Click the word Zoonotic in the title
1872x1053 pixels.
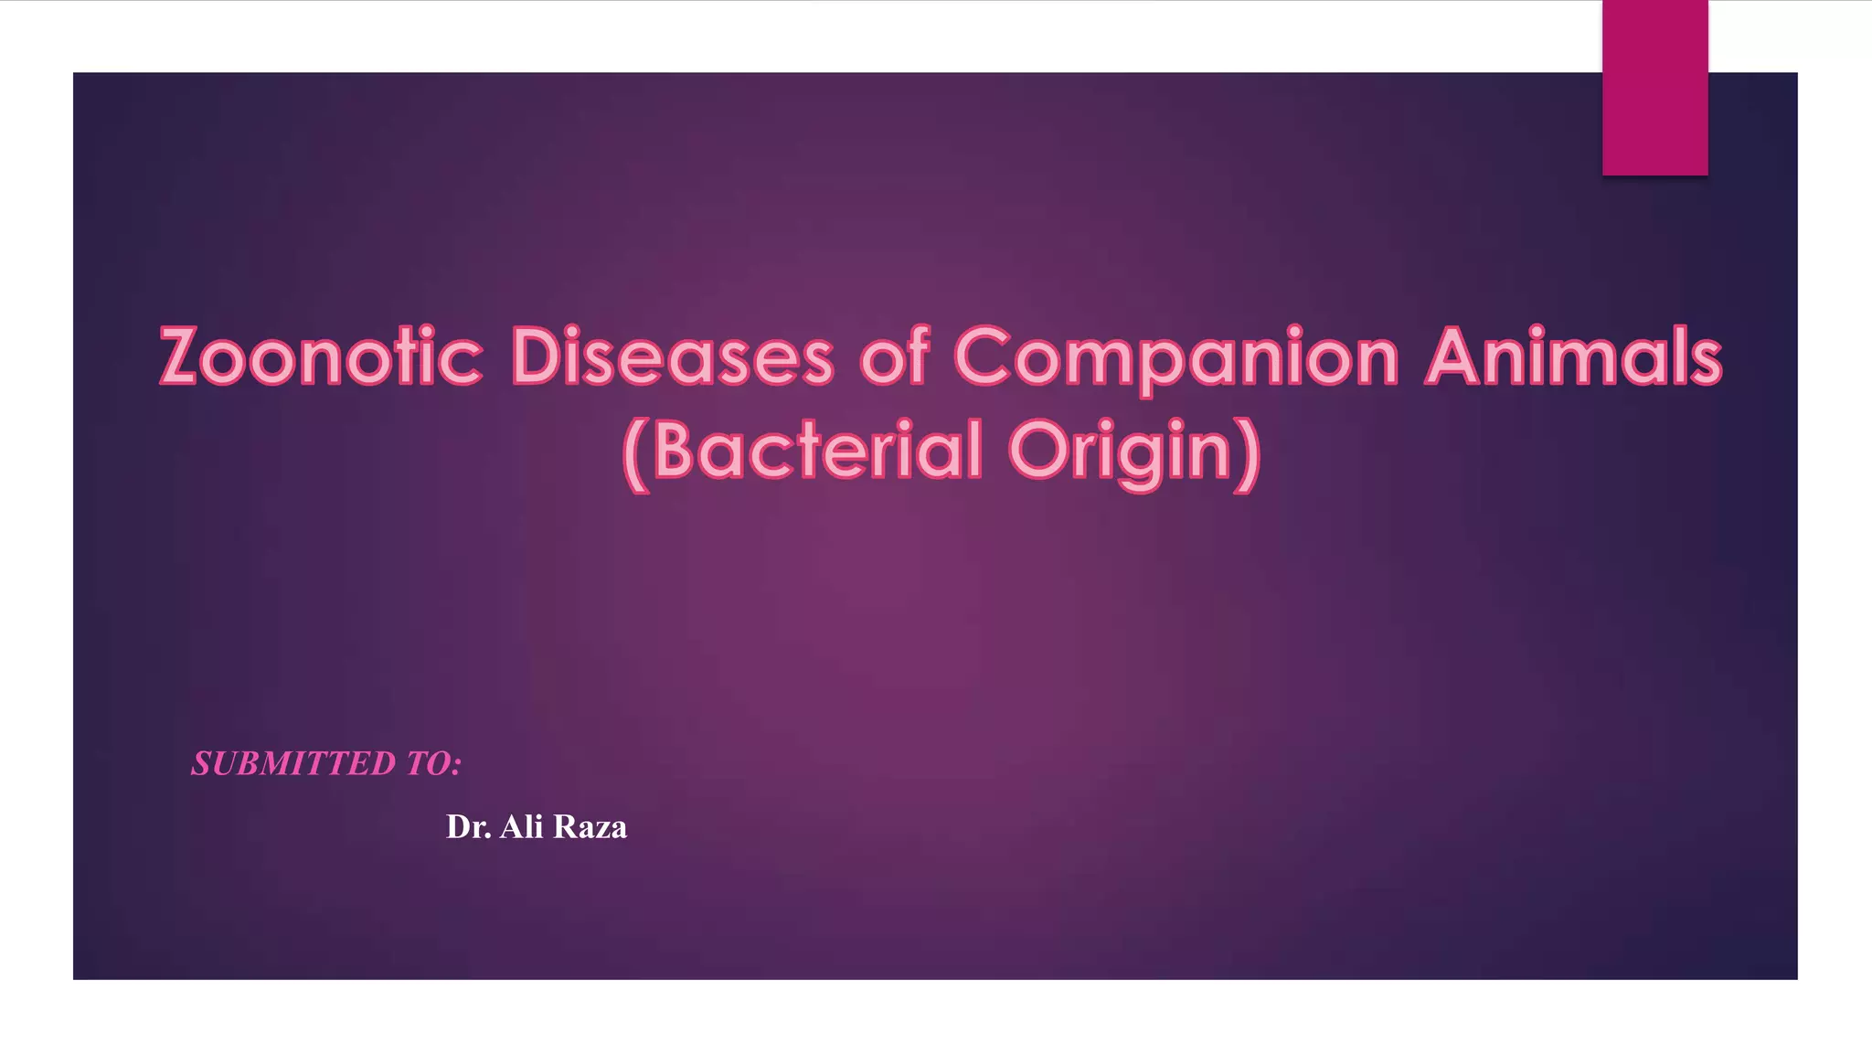(x=321, y=356)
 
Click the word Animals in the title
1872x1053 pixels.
(x=1573, y=356)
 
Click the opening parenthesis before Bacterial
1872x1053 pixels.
(x=636, y=454)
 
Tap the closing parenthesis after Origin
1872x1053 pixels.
(x=1249, y=454)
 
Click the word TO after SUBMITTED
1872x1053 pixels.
(x=425, y=764)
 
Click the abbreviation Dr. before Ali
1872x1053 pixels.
(x=468, y=827)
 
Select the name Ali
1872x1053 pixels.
(x=522, y=827)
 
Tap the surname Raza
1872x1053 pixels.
(x=590, y=827)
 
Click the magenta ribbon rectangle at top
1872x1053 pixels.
(x=1654, y=87)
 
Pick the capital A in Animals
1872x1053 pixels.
(x=1455, y=356)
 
